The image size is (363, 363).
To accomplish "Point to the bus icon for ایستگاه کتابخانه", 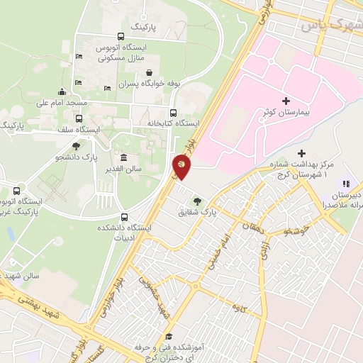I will [173, 112].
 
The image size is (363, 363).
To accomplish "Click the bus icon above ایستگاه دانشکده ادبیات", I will [125, 217].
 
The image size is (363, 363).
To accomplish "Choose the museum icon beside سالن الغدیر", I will [123, 157].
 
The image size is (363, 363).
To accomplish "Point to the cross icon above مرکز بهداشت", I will [302, 153].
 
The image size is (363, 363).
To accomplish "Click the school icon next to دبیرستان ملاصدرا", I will [346, 184].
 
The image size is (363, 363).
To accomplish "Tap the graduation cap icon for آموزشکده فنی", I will [169, 337].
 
